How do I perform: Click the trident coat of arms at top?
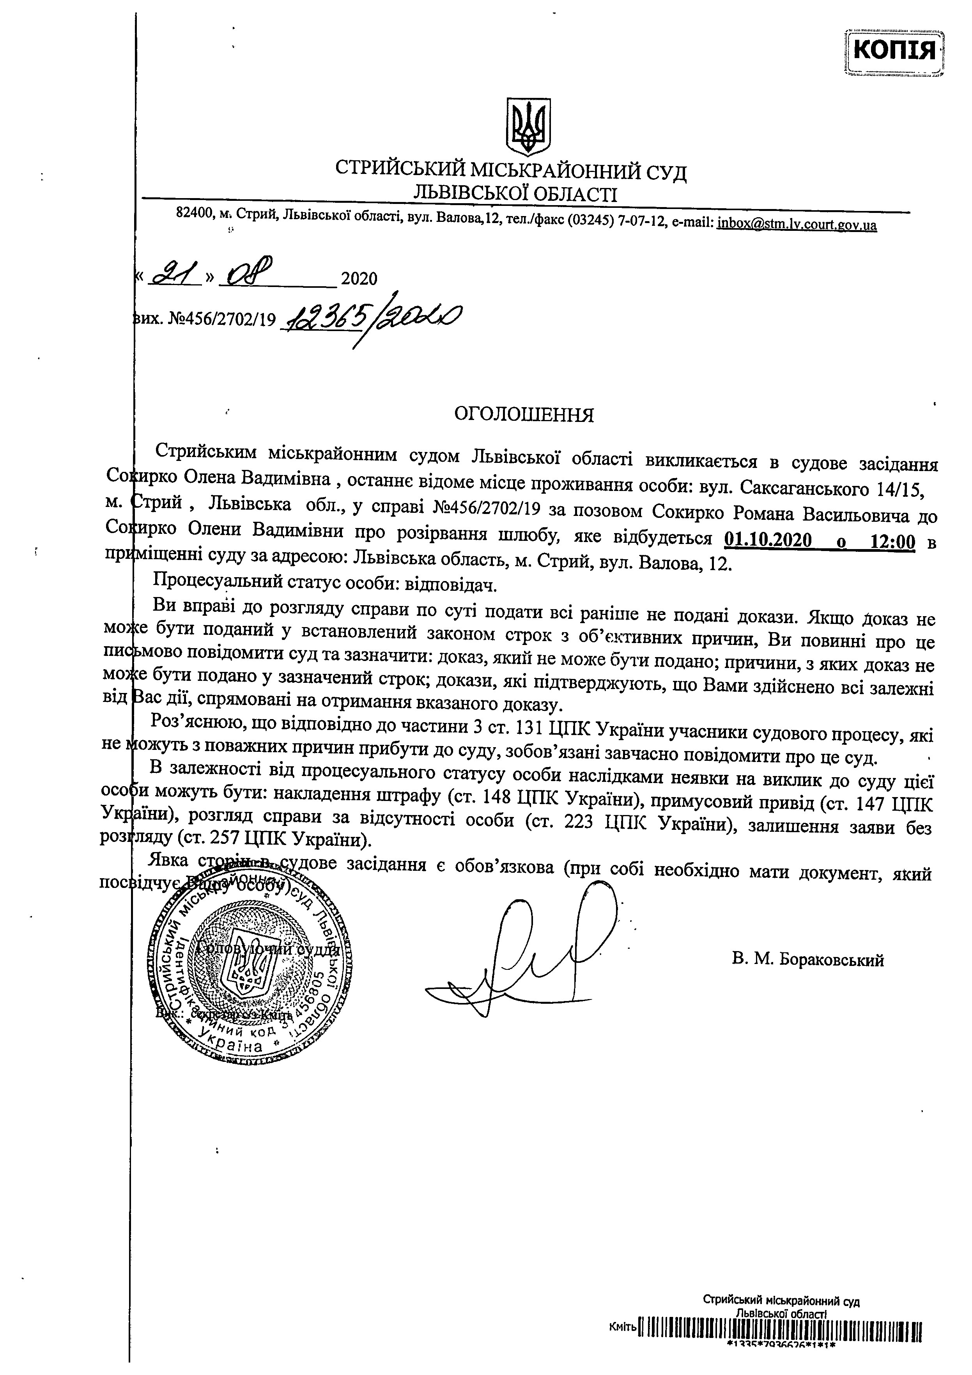point(528,127)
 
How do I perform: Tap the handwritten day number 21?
point(172,275)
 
